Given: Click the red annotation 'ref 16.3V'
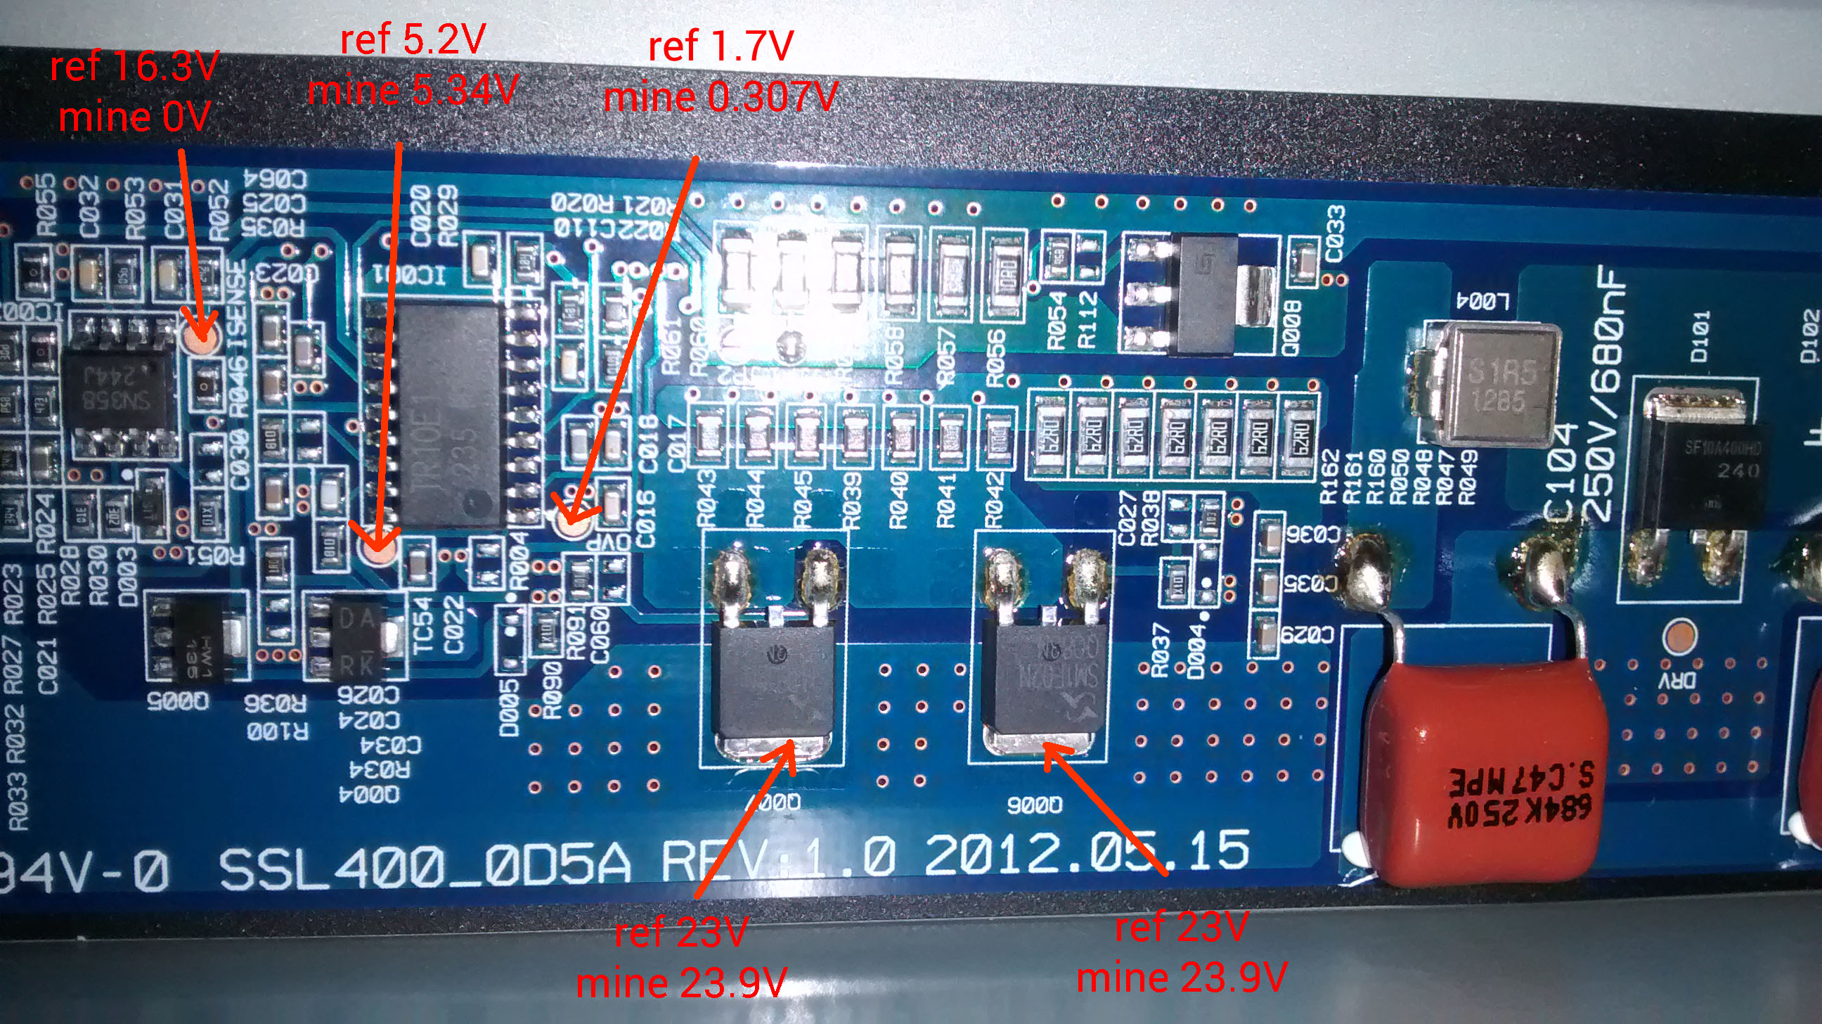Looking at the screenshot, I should [134, 68].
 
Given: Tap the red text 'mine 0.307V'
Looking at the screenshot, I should [720, 97].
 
